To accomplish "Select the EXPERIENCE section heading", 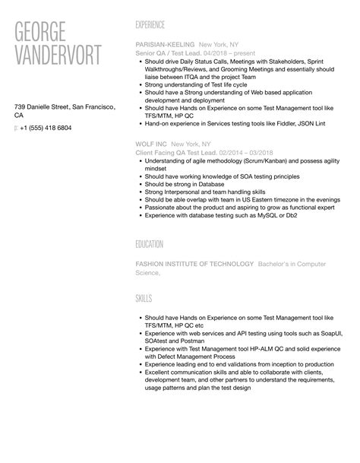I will (156, 24).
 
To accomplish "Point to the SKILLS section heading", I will (144, 299).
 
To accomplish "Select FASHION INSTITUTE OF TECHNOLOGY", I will (194, 264).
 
